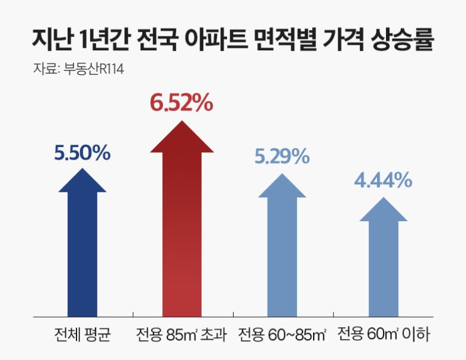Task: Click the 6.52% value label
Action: [182, 103]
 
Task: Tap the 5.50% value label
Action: [82, 153]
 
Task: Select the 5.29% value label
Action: [281, 157]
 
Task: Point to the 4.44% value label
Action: [383, 179]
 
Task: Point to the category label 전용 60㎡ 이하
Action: [383, 333]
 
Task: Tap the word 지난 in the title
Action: [51, 40]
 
